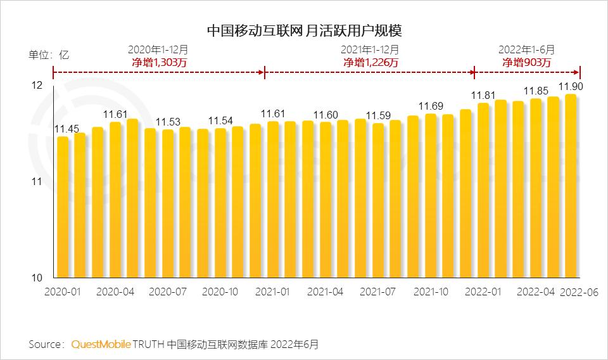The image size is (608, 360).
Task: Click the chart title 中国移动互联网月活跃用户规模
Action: [305, 30]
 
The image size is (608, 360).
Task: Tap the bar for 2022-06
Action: [571, 190]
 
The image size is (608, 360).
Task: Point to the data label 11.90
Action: [571, 86]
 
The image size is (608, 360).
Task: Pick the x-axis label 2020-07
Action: [167, 292]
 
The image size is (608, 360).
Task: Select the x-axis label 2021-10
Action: [431, 292]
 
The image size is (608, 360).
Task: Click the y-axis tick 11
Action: [37, 183]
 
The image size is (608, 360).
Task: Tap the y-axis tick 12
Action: [37, 86]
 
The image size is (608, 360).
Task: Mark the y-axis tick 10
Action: [37, 278]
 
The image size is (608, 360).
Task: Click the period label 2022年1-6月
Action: [527, 49]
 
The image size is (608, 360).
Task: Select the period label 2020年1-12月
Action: [158, 49]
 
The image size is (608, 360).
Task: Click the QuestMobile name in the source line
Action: [101, 344]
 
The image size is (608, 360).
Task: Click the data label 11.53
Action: [168, 122]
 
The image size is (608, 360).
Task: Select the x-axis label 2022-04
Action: [536, 292]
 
